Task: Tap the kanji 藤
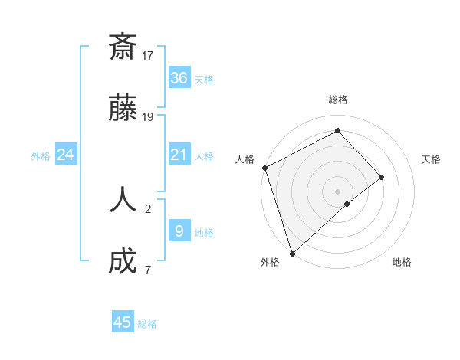[123, 110]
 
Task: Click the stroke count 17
[148, 55]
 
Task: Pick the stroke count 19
[148, 117]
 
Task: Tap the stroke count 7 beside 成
[148, 270]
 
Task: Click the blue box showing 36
[179, 78]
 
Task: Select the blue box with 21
[179, 155]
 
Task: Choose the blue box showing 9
[179, 231]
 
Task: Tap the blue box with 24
[66, 155]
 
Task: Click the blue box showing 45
[123, 322]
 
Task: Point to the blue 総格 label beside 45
[147, 324]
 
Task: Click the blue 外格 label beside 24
[41, 156]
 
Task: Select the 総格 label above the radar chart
[337, 100]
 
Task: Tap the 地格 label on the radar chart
[402, 262]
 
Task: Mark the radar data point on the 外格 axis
[292, 252]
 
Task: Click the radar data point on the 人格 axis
[264, 168]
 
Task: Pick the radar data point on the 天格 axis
[381, 178]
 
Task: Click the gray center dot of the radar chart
[337, 191]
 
